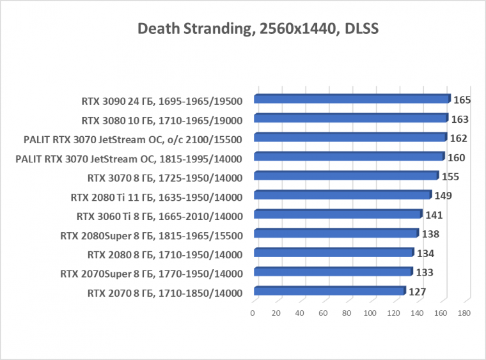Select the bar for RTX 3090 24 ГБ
point(352,99)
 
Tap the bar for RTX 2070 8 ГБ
point(329,292)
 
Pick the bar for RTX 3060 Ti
point(338,215)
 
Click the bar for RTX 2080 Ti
point(342,196)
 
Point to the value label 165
point(462,100)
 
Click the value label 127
point(418,292)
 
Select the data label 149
point(443,196)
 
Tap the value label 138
point(430,234)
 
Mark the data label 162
point(459,138)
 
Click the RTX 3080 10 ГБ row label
point(162,120)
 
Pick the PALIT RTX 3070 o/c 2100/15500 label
point(132,139)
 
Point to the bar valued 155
point(345,176)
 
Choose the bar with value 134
point(333,253)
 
